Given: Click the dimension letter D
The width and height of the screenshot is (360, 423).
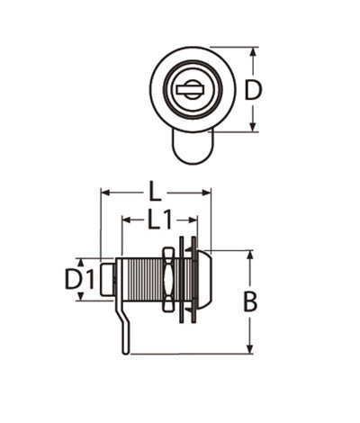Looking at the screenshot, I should click(x=254, y=91).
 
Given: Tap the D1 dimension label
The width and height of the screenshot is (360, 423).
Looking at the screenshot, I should click(x=79, y=279).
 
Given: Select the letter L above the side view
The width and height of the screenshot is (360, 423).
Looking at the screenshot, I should click(x=155, y=192).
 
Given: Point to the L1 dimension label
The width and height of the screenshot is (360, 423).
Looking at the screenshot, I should click(x=159, y=220).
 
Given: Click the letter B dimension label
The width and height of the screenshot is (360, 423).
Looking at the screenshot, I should click(x=250, y=302).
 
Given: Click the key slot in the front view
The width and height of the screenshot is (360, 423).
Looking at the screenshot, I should click(x=190, y=89).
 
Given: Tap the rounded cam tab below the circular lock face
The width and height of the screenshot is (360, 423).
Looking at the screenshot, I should click(x=192, y=148).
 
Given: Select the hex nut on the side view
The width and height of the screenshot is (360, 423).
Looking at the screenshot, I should click(x=167, y=279).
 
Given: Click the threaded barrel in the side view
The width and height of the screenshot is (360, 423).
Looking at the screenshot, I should click(x=139, y=279).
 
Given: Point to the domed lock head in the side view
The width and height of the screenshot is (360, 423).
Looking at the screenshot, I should click(x=204, y=279).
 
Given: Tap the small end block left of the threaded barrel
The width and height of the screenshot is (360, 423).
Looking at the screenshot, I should click(x=108, y=279).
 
